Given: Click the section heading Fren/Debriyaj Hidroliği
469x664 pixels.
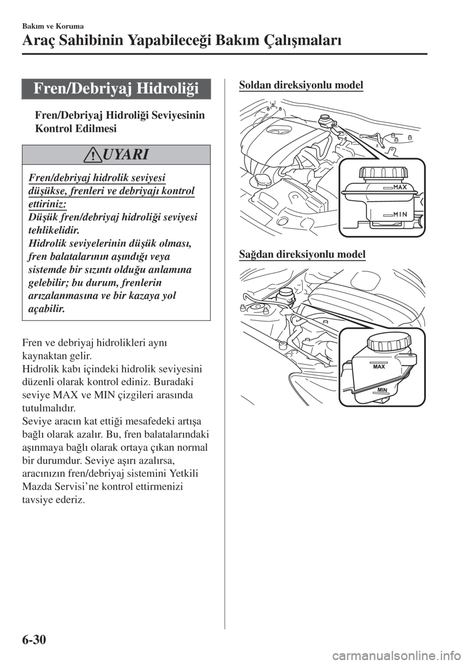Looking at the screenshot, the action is pos(116,89).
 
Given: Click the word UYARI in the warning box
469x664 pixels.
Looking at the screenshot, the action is pos(123,155).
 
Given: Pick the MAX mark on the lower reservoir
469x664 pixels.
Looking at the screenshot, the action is pos(379,366).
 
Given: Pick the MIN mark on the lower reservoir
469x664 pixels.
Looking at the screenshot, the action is pos(382,389).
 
